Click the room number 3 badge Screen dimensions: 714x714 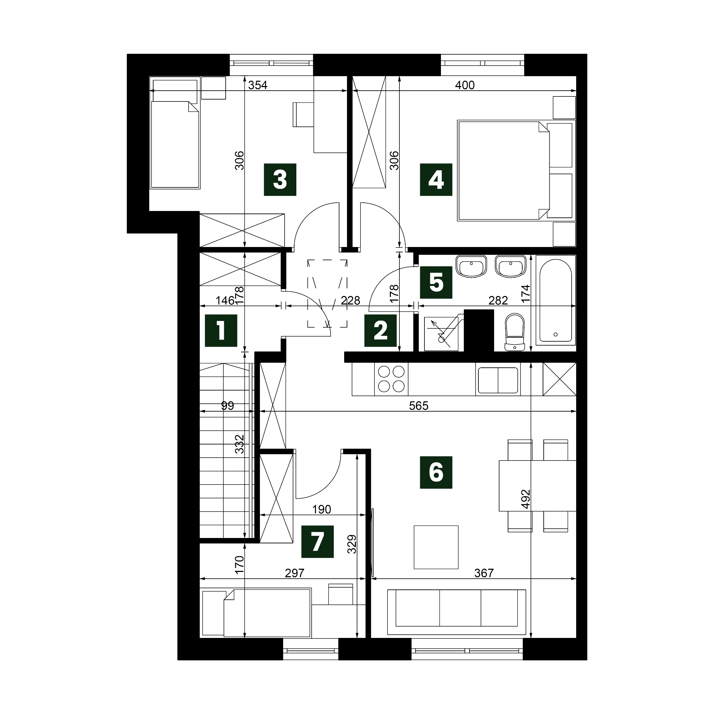click(x=280, y=180)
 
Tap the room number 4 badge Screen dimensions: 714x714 click(x=436, y=180)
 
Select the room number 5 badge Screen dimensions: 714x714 click(x=436, y=282)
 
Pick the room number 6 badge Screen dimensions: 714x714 click(x=436, y=472)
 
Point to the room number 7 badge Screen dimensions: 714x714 click(x=317, y=542)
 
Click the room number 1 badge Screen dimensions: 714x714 click(x=221, y=330)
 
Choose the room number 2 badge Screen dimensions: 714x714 click(x=380, y=330)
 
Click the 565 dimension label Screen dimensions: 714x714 click(x=419, y=406)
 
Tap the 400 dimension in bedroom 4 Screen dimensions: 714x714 click(x=464, y=85)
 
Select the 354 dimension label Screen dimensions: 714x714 click(x=258, y=85)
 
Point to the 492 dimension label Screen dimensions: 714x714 click(x=525, y=499)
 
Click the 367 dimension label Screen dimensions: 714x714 click(x=484, y=573)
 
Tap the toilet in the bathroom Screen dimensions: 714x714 click(x=514, y=332)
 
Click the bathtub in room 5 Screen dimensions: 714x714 click(x=555, y=300)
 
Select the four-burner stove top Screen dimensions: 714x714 click(x=391, y=379)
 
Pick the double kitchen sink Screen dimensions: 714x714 click(x=498, y=380)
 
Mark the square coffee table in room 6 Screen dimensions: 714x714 click(x=436, y=547)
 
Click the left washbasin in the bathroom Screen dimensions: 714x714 click(x=471, y=266)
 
